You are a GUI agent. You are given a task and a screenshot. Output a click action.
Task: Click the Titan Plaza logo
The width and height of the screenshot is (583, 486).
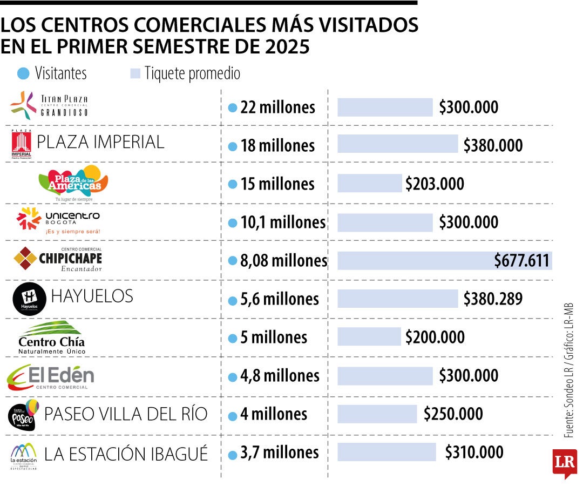pyautogui.click(x=49, y=106)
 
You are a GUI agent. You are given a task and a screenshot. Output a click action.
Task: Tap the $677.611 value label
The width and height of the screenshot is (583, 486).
pyautogui.click(x=521, y=261)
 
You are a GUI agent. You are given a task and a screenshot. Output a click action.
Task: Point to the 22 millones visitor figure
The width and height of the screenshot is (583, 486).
pyautogui.click(x=277, y=107)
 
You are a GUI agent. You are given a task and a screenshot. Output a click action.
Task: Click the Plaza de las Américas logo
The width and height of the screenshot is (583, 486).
pyautogui.click(x=74, y=182)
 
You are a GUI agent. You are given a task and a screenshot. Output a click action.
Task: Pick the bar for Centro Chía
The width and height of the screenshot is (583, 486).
pyautogui.click(x=369, y=337)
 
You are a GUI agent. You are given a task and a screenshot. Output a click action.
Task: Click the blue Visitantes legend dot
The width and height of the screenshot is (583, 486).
pyautogui.click(x=23, y=73)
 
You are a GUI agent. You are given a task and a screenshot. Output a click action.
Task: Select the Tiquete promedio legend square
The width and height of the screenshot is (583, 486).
pyautogui.click(x=135, y=73)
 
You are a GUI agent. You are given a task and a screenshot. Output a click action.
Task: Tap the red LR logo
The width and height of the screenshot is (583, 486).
pyautogui.click(x=564, y=463)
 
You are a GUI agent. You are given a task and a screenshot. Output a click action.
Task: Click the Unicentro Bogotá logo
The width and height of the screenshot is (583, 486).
pyautogui.click(x=58, y=220)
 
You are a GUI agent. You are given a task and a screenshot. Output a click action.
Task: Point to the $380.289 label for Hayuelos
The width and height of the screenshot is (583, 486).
pyautogui.click(x=492, y=299)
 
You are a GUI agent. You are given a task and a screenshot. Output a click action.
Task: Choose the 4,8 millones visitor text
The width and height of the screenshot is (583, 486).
pyautogui.click(x=280, y=375)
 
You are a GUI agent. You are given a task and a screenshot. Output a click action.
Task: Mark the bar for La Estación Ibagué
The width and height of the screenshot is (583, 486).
pyautogui.click(x=387, y=452)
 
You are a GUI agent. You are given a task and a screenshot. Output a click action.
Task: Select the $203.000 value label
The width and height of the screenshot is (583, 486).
pyautogui.click(x=435, y=184)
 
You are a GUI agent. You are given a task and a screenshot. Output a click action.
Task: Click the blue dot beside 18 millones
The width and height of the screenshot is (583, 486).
pyautogui.click(x=233, y=146)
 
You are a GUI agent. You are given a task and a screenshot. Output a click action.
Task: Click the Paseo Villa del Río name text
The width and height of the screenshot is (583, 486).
pyautogui.click(x=126, y=414)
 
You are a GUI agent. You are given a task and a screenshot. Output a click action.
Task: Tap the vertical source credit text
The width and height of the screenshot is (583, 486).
pyautogui.click(x=568, y=370)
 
